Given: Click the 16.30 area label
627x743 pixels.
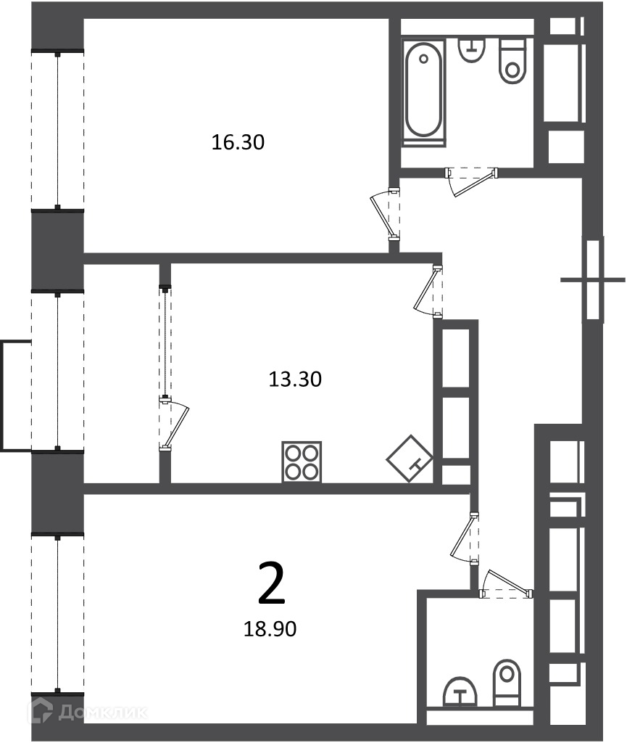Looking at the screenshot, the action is point(238,142).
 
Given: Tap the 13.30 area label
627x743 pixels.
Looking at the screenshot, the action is point(295,379).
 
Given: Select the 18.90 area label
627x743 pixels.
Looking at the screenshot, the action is point(270,629).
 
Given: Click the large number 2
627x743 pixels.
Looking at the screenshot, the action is point(272,583).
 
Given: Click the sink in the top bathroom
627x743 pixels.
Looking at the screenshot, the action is point(472,50).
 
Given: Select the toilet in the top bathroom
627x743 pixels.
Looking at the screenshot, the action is point(512,62).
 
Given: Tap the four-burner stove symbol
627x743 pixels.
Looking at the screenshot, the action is point(302,462).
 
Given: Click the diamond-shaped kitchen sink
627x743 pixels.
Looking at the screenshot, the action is point(410,459).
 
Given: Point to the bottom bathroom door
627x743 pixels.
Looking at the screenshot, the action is point(507,583).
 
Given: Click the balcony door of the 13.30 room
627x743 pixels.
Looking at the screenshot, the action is point(173,424).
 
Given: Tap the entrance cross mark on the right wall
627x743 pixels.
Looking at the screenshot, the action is point(592,280).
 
